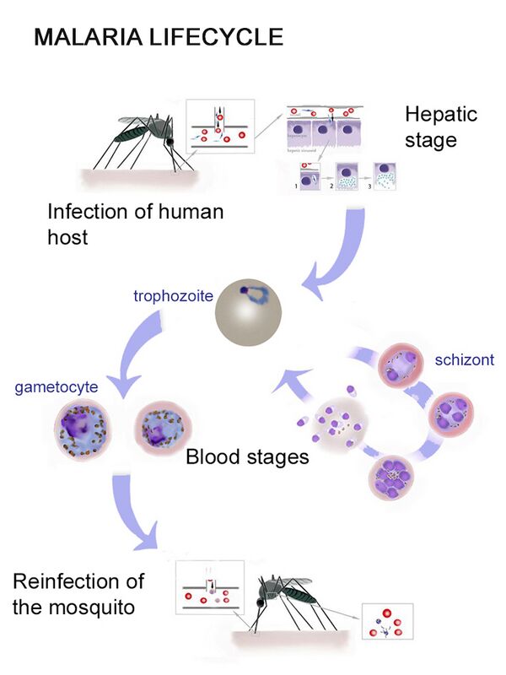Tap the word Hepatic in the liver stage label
point(440,114)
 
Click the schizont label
point(464,361)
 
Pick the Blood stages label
point(247,458)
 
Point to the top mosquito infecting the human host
point(143,135)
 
